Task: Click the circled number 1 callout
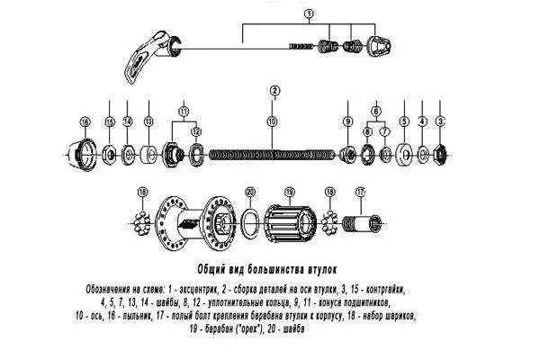pos(308,13)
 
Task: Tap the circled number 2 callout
pos(274,90)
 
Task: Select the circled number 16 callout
pos(85,121)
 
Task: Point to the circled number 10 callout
pos(273,121)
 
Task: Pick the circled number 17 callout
pos(362,192)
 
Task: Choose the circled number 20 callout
pos(250,192)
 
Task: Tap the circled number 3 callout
pos(440,121)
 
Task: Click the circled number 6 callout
pos(376,109)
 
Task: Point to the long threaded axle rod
pos(274,155)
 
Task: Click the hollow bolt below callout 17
pos(364,221)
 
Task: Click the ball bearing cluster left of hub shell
pos(141,220)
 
